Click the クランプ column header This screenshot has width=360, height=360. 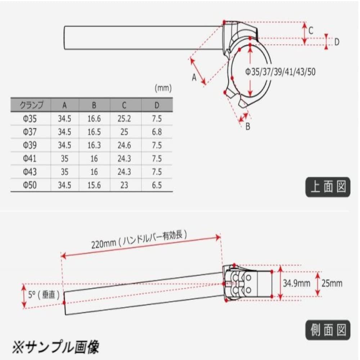[x=31, y=105]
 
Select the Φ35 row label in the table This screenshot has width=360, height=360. [x=31, y=118]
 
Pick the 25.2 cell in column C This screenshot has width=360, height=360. [x=124, y=118]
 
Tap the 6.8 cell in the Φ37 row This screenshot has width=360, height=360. [x=157, y=132]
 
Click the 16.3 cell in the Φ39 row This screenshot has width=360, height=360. [x=94, y=145]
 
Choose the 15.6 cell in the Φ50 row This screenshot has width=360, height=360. [x=94, y=185]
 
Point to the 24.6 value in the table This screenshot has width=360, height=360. [x=124, y=145]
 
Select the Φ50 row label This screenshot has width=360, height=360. [x=31, y=185]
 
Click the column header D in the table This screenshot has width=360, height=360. [x=157, y=105]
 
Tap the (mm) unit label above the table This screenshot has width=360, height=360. [x=163, y=87]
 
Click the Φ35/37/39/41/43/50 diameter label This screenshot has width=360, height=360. [x=280, y=72]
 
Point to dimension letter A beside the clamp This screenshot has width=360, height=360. [x=194, y=77]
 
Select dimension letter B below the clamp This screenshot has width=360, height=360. [x=248, y=126]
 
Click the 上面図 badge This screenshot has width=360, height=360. [x=328, y=188]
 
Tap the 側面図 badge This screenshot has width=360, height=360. [x=328, y=329]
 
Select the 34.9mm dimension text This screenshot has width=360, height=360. [x=296, y=283]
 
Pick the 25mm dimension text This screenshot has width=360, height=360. [x=333, y=283]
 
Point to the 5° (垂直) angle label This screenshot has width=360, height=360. [x=43, y=294]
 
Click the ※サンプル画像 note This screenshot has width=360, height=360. [x=56, y=347]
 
